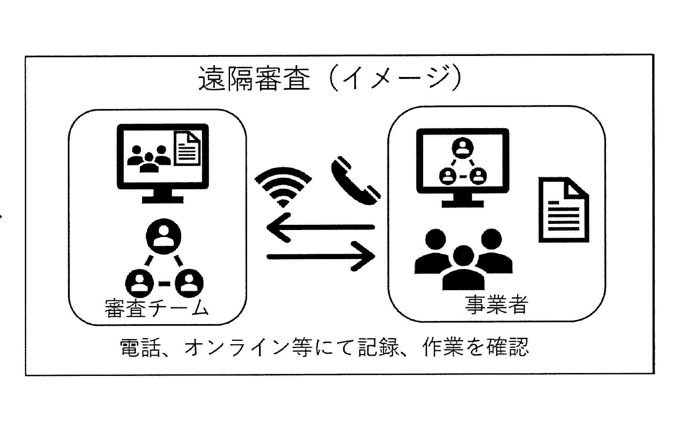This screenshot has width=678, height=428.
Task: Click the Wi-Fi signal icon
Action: click(x=283, y=188)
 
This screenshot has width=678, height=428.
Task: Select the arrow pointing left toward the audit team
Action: click(x=320, y=227)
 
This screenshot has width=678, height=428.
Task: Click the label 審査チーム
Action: click(x=156, y=308)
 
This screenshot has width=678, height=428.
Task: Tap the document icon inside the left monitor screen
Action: click(x=187, y=148)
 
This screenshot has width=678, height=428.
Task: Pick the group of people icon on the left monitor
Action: click(x=149, y=159)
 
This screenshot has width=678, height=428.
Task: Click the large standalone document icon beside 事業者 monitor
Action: click(x=564, y=210)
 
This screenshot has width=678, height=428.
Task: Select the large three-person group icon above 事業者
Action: click(x=464, y=259)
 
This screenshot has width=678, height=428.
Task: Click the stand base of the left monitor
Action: click(x=163, y=199)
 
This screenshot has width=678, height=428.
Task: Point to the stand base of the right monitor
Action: click(x=463, y=203)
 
